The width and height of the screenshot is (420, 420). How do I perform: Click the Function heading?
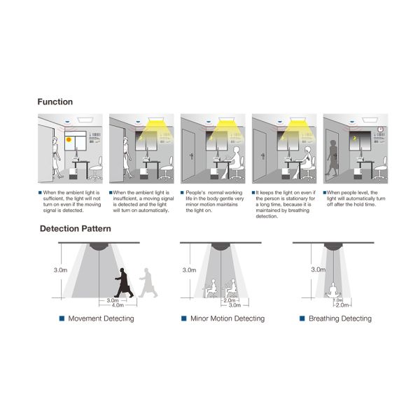pyautogui.click(x=55, y=101)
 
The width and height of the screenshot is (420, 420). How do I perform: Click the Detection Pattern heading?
pyautogui.click(x=76, y=228)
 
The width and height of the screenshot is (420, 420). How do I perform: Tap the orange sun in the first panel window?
pyautogui.click(x=69, y=139)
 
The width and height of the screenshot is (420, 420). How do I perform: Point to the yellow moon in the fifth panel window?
pyautogui.click(x=354, y=138)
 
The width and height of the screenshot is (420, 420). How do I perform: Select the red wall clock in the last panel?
pyautogui.click(x=380, y=129)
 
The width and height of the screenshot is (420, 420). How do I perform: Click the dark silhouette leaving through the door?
pyautogui.click(x=332, y=157)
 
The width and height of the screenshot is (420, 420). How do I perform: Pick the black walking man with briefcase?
pyautogui.click(x=124, y=283)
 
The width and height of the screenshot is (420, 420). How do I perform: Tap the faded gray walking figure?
pyautogui.click(x=148, y=283)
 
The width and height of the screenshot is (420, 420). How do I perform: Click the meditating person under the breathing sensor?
pyautogui.click(x=333, y=290)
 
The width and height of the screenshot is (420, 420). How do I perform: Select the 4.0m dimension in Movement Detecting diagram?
pyautogui.click(x=118, y=305)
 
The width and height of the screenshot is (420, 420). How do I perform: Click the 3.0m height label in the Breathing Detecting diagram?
pyautogui.click(x=318, y=269)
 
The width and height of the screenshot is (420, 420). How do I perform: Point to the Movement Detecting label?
pyautogui.click(x=101, y=318)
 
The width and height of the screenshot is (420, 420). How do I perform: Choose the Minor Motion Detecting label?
pyautogui.click(x=227, y=318)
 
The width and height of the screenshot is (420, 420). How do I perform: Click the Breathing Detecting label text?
pyautogui.click(x=340, y=318)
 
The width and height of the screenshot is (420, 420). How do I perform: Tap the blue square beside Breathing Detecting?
pyautogui.click(x=302, y=318)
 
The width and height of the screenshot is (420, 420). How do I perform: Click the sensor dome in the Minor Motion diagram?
pyautogui.click(x=220, y=246)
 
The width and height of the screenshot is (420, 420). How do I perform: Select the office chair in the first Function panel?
pyautogui.click(x=96, y=168)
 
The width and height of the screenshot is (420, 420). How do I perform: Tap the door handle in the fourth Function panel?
pyautogui.click(x=263, y=156)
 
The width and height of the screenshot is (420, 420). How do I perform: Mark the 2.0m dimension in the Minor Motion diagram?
pyautogui.click(x=230, y=300)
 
